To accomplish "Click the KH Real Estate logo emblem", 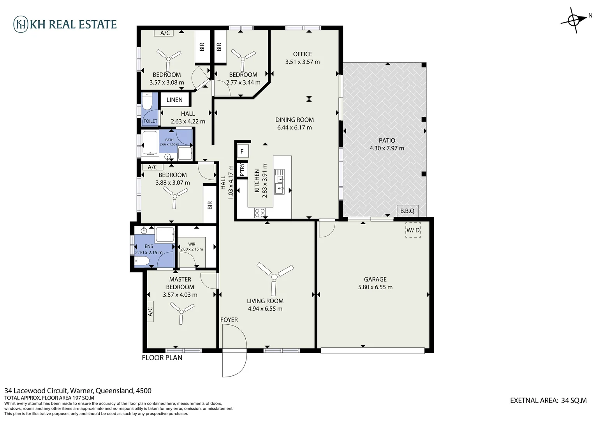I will pos(21,24).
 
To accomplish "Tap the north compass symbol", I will pos(574,20).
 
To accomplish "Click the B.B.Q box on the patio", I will pos(407,211).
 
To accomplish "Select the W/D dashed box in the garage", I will pos(413,230).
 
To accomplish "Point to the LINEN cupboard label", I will pos(174,100).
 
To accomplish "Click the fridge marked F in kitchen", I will pos(242,152).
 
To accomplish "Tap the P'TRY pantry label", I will pos(242,170).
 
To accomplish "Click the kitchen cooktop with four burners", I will pos(260,213).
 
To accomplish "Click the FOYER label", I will pos(229,320).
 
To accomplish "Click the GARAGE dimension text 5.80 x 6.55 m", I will pos(375,287).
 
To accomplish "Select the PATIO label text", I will pos(387,140).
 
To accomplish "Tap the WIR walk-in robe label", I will pos(192,244).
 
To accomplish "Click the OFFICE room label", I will pos(303,54).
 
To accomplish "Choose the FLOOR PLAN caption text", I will pos(162,357).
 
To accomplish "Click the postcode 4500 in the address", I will pos(143,391).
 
